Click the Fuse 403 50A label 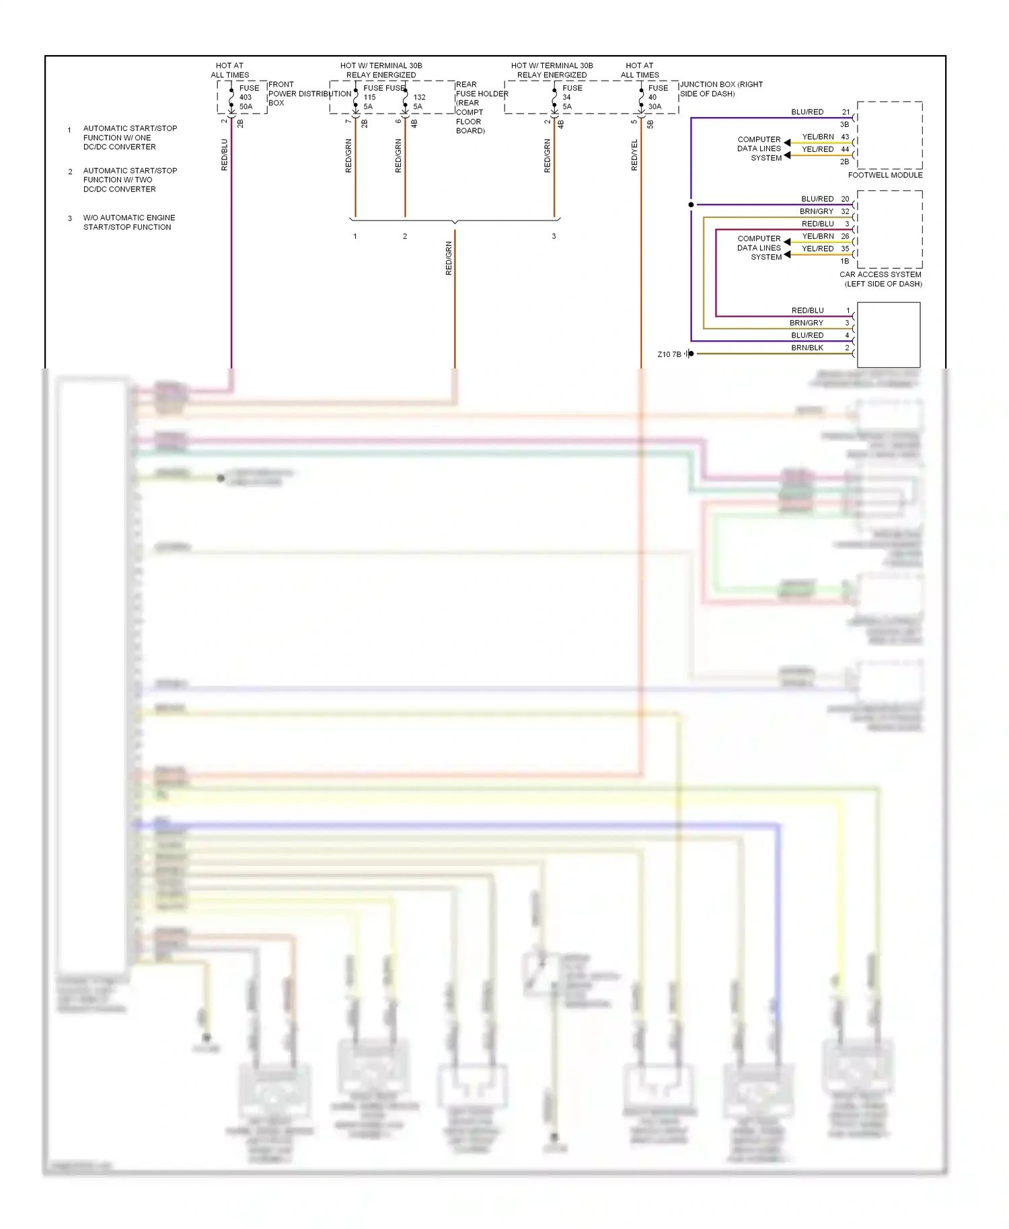click(246, 97)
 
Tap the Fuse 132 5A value click(418, 102)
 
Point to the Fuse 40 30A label click(657, 97)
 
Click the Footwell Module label click(885, 175)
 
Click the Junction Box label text click(720, 89)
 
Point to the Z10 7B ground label click(669, 354)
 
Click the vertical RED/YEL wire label click(634, 155)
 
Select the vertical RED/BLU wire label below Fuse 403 click(225, 155)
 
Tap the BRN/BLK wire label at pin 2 click(807, 348)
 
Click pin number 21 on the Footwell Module click(846, 112)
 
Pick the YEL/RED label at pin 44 click(817, 149)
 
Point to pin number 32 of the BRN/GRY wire click(845, 211)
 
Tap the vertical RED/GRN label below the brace click(449, 259)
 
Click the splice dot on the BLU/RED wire click(691, 204)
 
